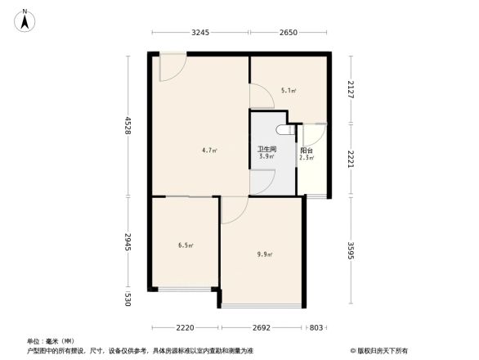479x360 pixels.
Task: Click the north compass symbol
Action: (25, 19)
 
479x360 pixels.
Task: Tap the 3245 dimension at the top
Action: (201, 33)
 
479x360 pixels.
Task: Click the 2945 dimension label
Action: (128, 242)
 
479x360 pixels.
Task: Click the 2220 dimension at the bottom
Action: (185, 327)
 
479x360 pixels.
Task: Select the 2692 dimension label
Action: (261, 327)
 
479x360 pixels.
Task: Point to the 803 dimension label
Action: (316, 327)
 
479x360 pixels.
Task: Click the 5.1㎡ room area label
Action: (288, 91)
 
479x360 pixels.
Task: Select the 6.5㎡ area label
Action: (186, 244)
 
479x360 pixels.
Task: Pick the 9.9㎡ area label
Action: (264, 254)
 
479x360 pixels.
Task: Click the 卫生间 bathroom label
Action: (266, 149)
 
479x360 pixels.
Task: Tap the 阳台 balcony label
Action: (306, 151)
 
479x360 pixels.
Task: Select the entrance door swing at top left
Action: (172, 67)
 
